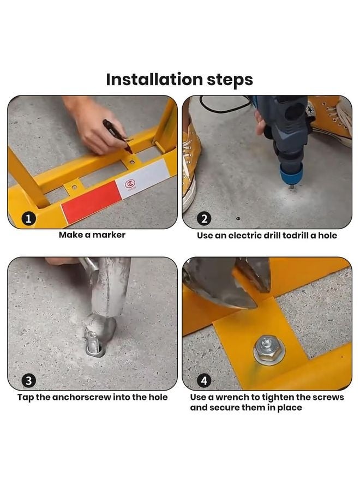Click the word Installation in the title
(154, 79)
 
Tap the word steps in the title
(230, 81)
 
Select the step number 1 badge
(28, 219)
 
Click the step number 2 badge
(204, 219)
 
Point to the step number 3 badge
(28, 381)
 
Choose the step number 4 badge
(204, 381)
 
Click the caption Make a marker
(92, 235)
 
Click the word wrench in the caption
(235, 397)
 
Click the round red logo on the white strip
(130, 184)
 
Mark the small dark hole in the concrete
(238, 218)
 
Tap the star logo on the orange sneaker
(310, 111)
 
